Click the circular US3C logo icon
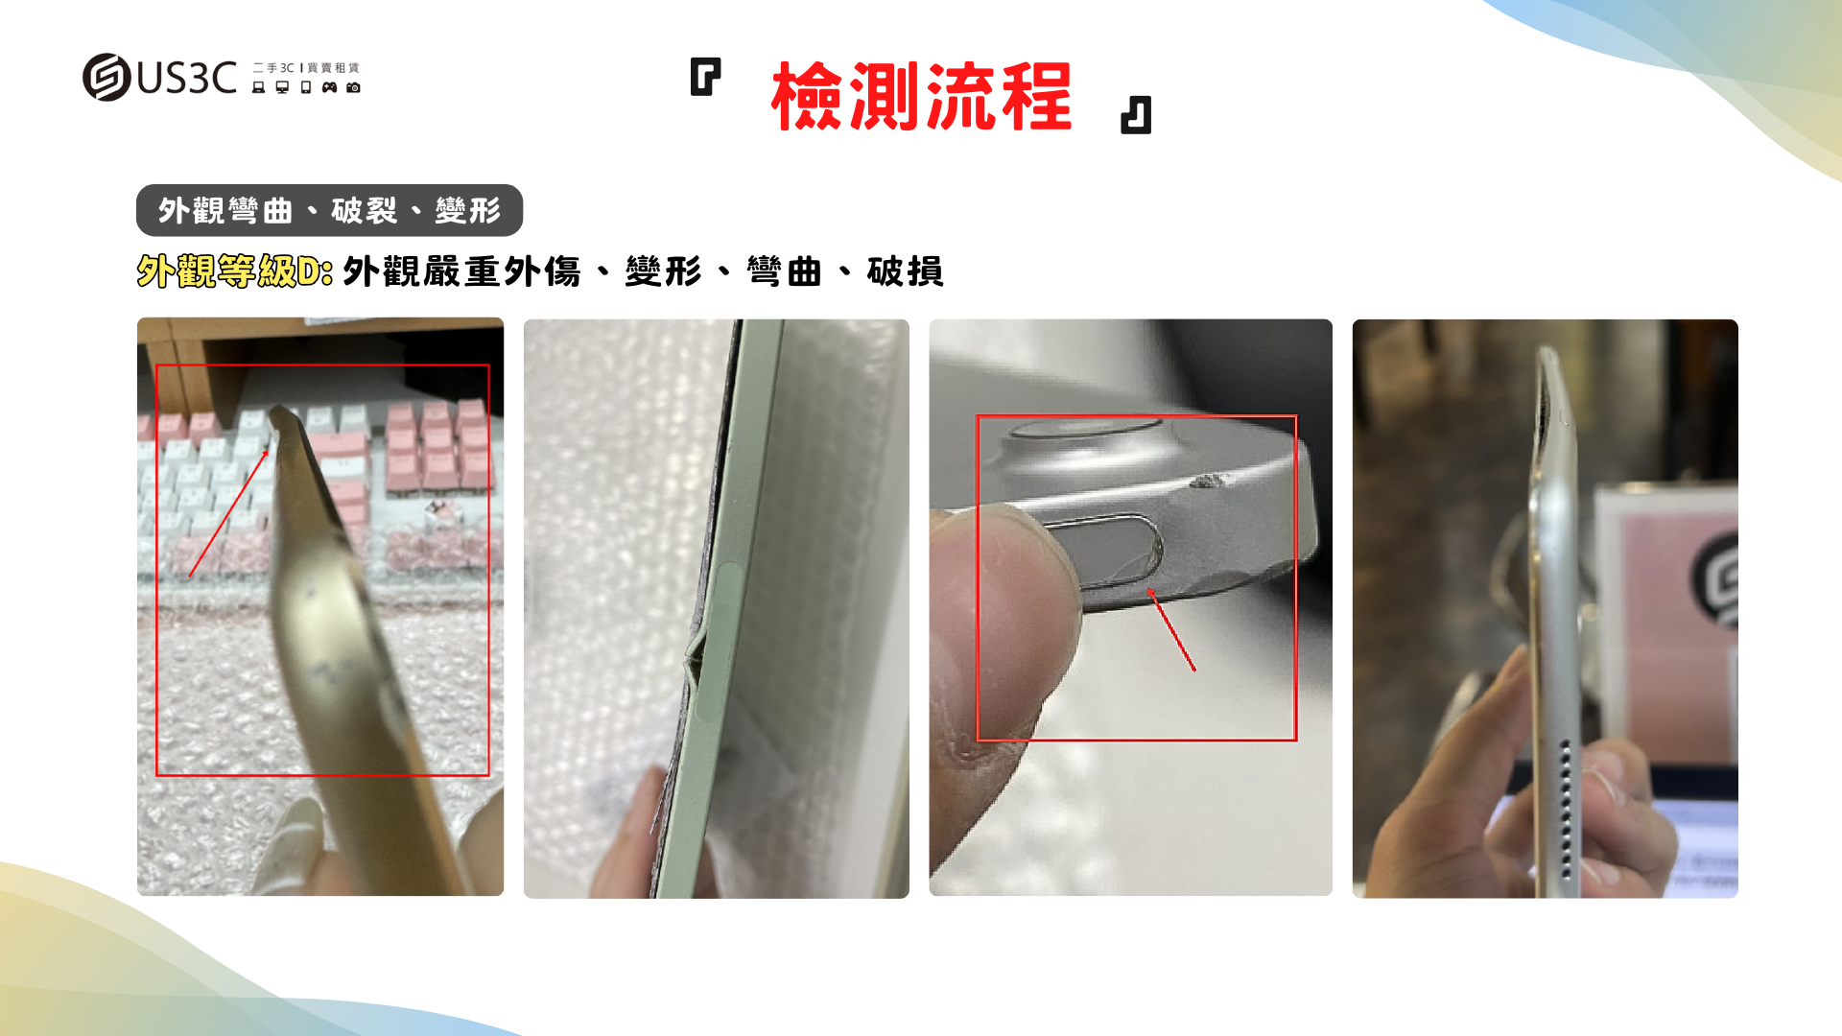(x=106, y=77)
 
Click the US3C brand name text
(x=187, y=78)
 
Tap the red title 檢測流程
(x=921, y=96)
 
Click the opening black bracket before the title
(x=705, y=77)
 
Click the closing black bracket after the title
(x=1136, y=115)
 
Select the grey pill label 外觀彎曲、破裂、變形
(x=329, y=210)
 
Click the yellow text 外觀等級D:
(x=235, y=271)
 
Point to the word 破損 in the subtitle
(x=905, y=271)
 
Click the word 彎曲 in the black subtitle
(x=784, y=271)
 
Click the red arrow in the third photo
(x=1171, y=629)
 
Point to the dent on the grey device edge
(x=1211, y=481)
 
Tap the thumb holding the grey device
(x=1003, y=614)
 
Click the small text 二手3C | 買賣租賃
(x=306, y=68)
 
